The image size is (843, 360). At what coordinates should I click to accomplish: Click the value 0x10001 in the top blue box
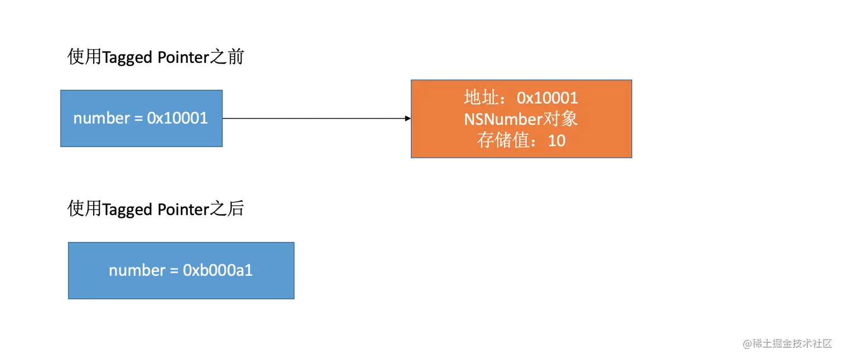pyautogui.click(x=177, y=118)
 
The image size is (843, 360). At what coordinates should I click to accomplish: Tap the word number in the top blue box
pyautogui.click(x=101, y=118)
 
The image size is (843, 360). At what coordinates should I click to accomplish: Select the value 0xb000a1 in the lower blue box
pyautogui.click(x=218, y=270)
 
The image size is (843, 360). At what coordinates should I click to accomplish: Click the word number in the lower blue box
pyautogui.click(x=137, y=270)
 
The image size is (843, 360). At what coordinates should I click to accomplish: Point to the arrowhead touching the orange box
pyautogui.click(x=408, y=118)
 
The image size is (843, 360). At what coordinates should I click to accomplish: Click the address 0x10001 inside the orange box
pyautogui.click(x=547, y=98)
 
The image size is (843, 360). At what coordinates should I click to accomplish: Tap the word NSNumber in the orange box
pyautogui.click(x=503, y=119)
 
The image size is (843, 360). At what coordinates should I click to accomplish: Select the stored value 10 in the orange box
pyautogui.click(x=556, y=140)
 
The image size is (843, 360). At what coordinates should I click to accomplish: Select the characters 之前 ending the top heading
pyautogui.click(x=227, y=57)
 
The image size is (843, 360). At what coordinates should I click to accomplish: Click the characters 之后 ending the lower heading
pyautogui.click(x=227, y=209)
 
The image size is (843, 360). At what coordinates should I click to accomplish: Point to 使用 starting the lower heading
pyautogui.click(x=84, y=209)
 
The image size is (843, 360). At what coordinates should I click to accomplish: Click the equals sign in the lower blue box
pyautogui.click(x=174, y=271)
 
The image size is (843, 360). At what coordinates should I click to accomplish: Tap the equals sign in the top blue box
pyautogui.click(x=138, y=119)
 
